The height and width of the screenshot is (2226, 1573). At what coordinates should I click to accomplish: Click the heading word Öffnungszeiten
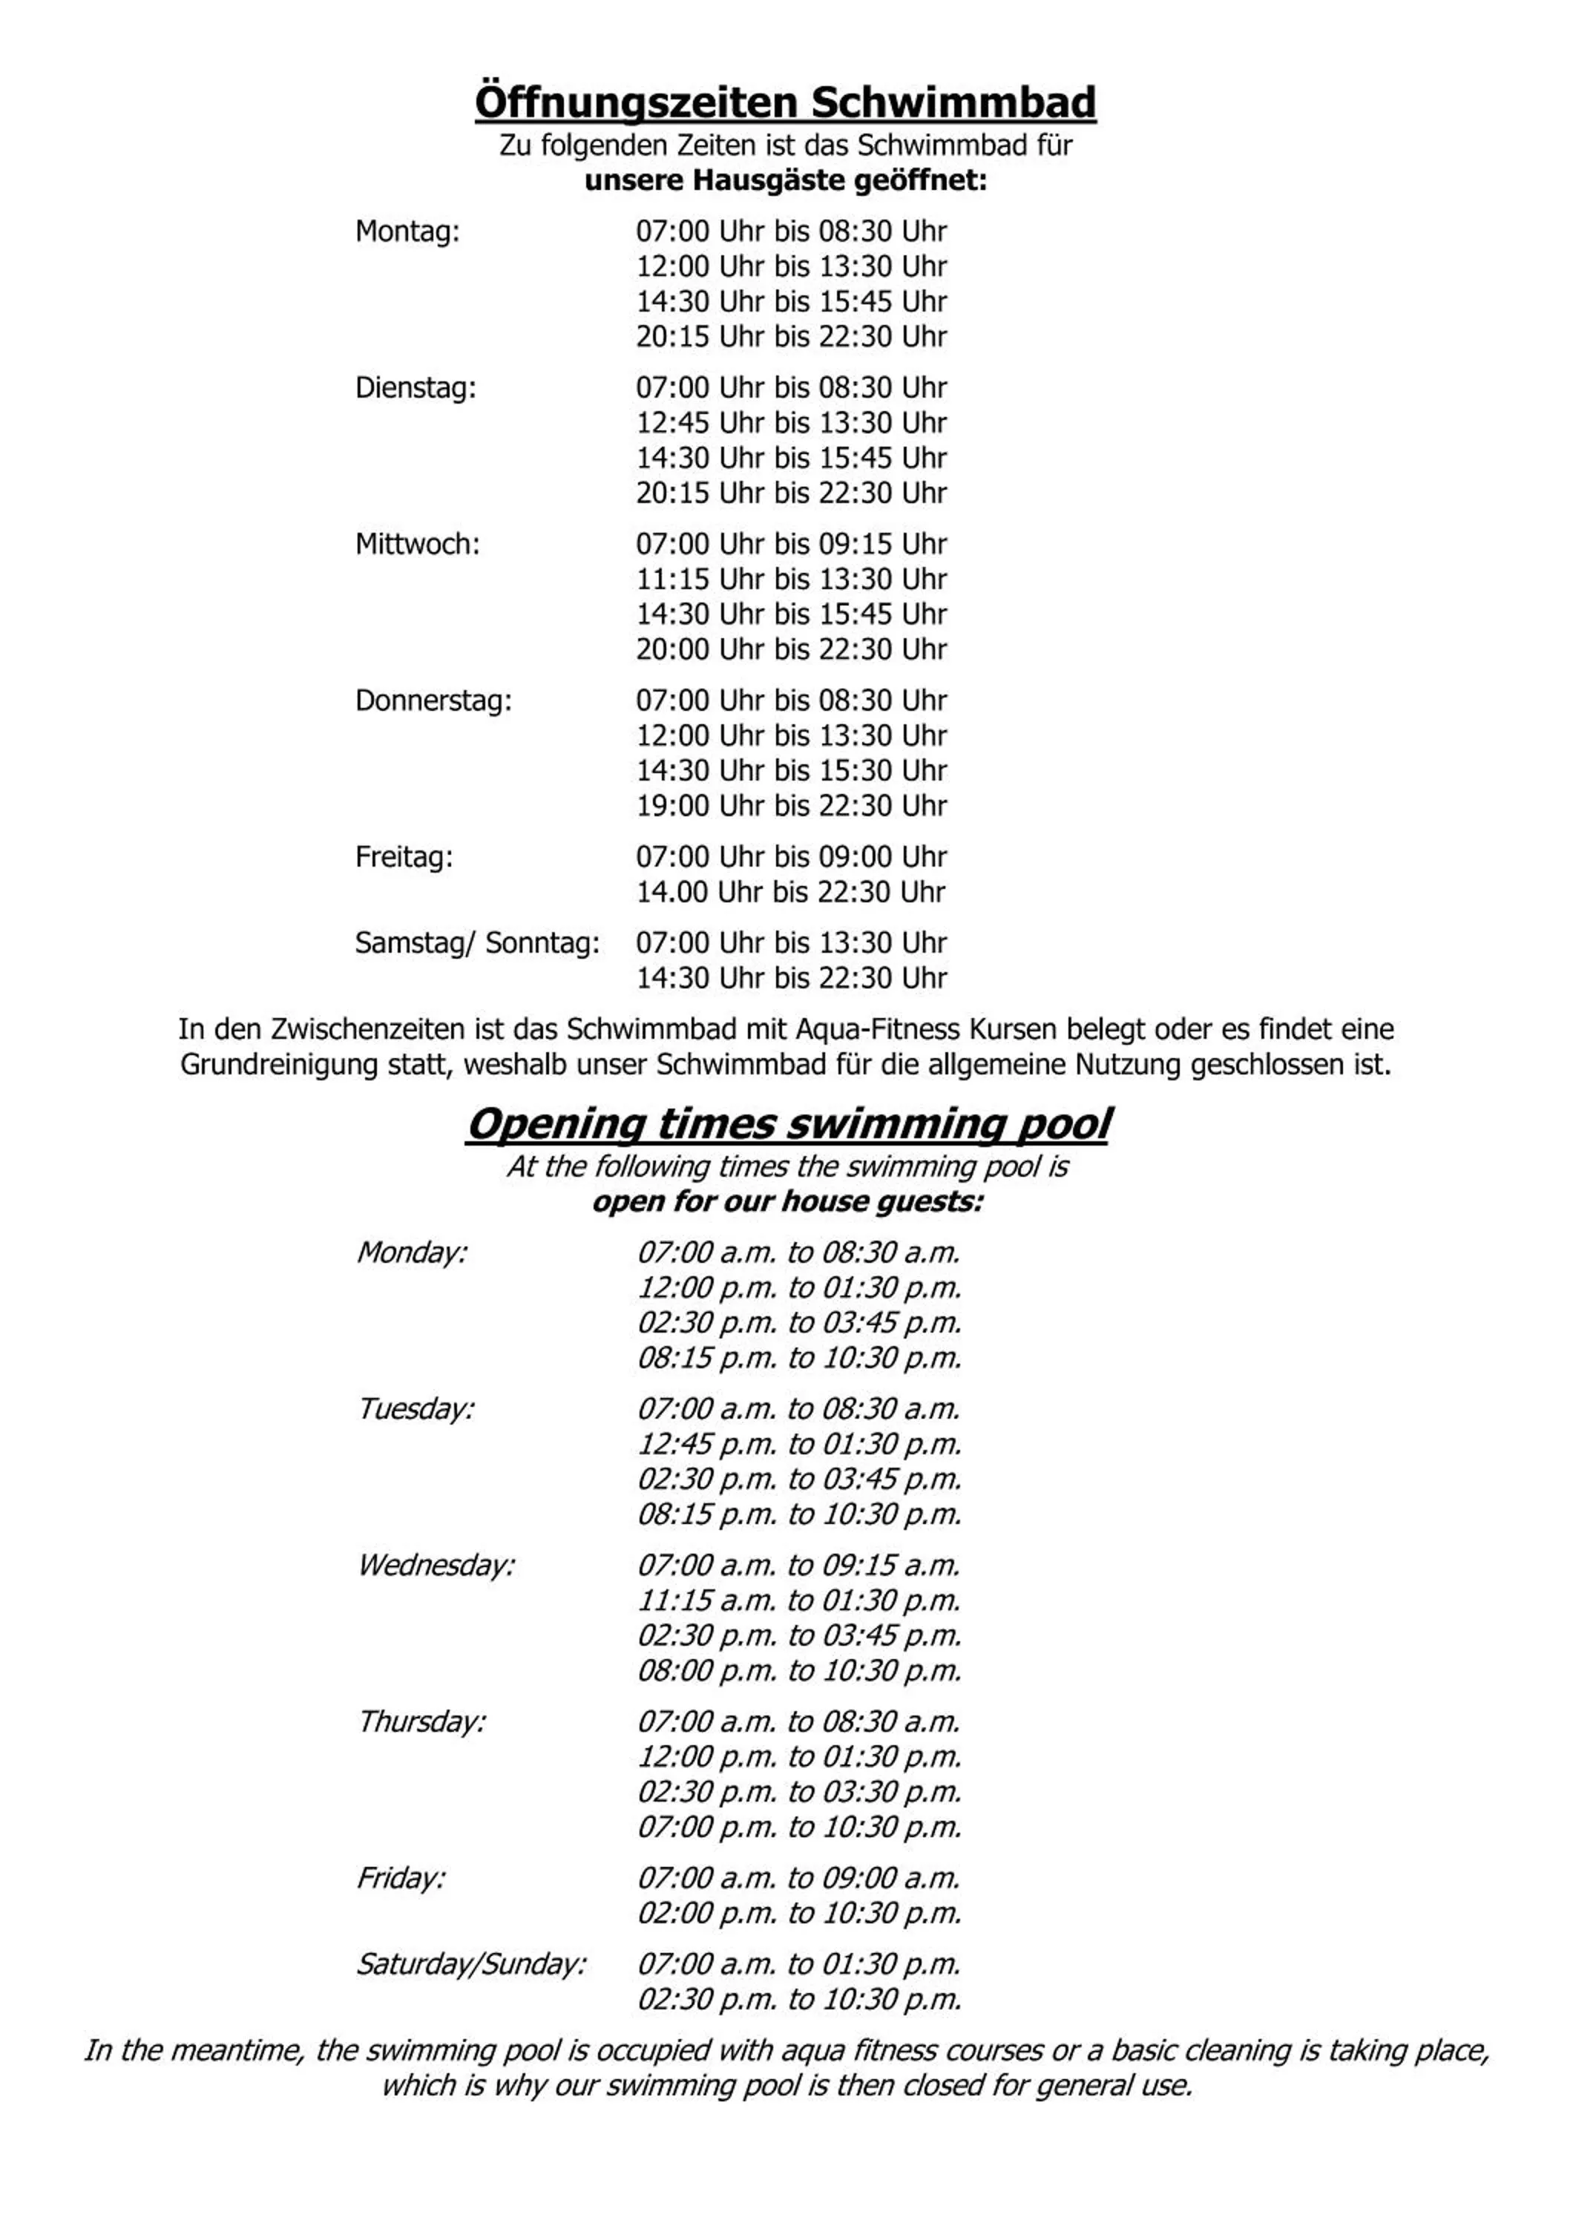(x=637, y=103)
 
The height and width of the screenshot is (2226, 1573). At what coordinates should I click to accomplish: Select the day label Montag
(x=407, y=232)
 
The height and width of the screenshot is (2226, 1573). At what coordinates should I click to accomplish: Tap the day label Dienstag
(x=416, y=388)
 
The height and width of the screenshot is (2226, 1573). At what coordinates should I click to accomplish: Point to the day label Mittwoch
(x=418, y=544)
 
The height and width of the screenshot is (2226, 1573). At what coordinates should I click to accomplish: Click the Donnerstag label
(x=433, y=700)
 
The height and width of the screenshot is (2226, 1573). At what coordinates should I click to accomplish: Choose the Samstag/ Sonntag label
(x=477, y=942)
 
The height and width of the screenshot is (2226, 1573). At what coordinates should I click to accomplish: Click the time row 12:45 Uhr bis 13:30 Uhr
(x=791, y=423)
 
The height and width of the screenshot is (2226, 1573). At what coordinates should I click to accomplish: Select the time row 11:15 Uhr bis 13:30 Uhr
(x=791, y=579)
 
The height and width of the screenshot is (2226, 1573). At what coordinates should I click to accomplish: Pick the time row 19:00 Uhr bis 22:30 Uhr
(x=791, y=806)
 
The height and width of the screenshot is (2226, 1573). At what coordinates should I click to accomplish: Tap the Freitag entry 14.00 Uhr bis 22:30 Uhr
(x=791, y=892)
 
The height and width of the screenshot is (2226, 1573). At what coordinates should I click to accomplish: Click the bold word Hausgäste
(x=769, y=181)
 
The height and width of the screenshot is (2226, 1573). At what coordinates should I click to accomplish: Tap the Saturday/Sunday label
(x=471, y=1964)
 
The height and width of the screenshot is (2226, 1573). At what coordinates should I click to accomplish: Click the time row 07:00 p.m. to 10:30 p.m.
(x=798, y=1828)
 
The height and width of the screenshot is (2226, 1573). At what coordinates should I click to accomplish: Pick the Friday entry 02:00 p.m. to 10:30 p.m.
(x=798, y=1914)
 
